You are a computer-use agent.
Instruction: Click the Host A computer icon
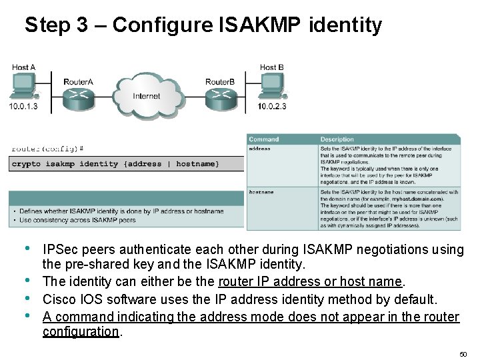click(x=24, y=85)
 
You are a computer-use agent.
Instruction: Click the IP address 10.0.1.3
click(x=23, y=107)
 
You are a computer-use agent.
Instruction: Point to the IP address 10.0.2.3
click(x=272, y=107)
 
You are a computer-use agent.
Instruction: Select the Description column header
click(x=337, y=139)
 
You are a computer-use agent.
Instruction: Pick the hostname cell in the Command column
click(x=261, y=192)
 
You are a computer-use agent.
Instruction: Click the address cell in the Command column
click(x=260, y=149)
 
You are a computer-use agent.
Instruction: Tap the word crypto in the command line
click(x=27, y=164)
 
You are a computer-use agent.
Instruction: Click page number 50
click(x=463, y=353)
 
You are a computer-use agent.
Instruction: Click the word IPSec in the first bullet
click(x=61, y=249)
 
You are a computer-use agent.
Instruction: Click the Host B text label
click(x=272, y=67)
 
